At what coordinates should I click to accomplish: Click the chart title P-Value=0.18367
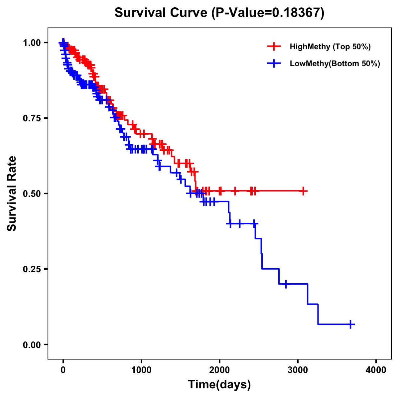[x=219, y=13]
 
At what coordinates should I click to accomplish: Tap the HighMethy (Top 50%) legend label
[x=330, y=47]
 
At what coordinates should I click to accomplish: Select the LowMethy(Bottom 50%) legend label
[x=335, y=64]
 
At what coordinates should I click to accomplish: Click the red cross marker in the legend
[x=274, y=47]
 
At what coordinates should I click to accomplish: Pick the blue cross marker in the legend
[x=274, y=64]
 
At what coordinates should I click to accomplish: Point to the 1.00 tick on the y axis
[x=32, y=43]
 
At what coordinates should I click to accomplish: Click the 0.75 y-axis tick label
[x=32, y=118]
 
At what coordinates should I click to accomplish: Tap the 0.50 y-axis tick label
[x=32, y=194]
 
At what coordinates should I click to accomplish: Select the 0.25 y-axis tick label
[x=32, y=269]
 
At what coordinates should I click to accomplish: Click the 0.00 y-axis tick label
[x=32, y=344]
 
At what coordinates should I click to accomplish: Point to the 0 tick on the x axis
[x=63, y=370]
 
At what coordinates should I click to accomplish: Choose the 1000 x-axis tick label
[x=141, y=370]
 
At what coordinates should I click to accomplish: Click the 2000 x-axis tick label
[x=219, y=370]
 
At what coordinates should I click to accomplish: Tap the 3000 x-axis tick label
[x=298, y=370]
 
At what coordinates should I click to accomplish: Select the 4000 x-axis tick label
[x=376, y=370]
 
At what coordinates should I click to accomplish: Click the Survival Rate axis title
[x=12, y=194]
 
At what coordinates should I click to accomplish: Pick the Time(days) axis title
[x=219, y=385]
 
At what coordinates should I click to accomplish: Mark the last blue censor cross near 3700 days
[x=350, y=324]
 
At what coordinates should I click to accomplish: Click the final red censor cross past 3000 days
[x=303, y=191]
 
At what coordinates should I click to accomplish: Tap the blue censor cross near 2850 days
[x=286, y=284]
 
